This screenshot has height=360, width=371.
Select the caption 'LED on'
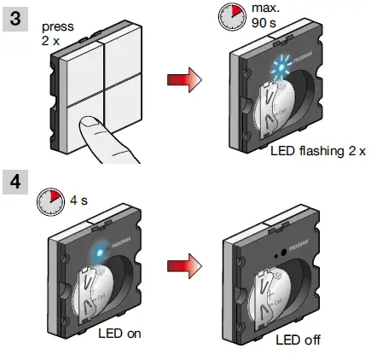pyautogui.click(x=119, y=333)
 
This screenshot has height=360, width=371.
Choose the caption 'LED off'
pyautogui.click(x=298, y=340)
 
